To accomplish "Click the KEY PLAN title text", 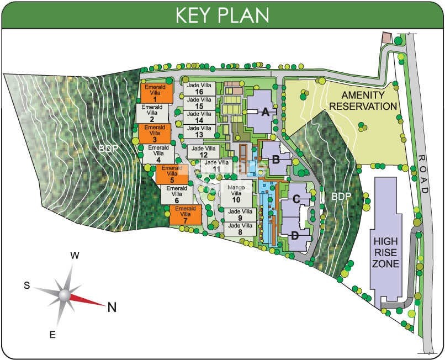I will pyautogui.click(x=222, y=15).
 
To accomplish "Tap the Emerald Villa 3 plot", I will pyautogui.click(x=155, y=134).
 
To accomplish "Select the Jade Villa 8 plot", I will pyautogui.click(x=240, y=229).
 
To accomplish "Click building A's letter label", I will pyautogui.click(x=265, y=113).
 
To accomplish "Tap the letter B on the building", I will pyautogui.click(x=276, y=160).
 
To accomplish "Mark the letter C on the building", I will pyautogui.click(x=296, y=199).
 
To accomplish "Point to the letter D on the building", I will pyautogui.click(x=295, y=235).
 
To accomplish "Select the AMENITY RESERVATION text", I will pyautogui.click(x=362, y=100).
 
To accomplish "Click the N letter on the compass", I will pyautogui.click(x=112, y=308).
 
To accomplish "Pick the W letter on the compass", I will pyautogui.click(x=76, y=256).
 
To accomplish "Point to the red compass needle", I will pyautogui.click(x=88, y=300).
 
